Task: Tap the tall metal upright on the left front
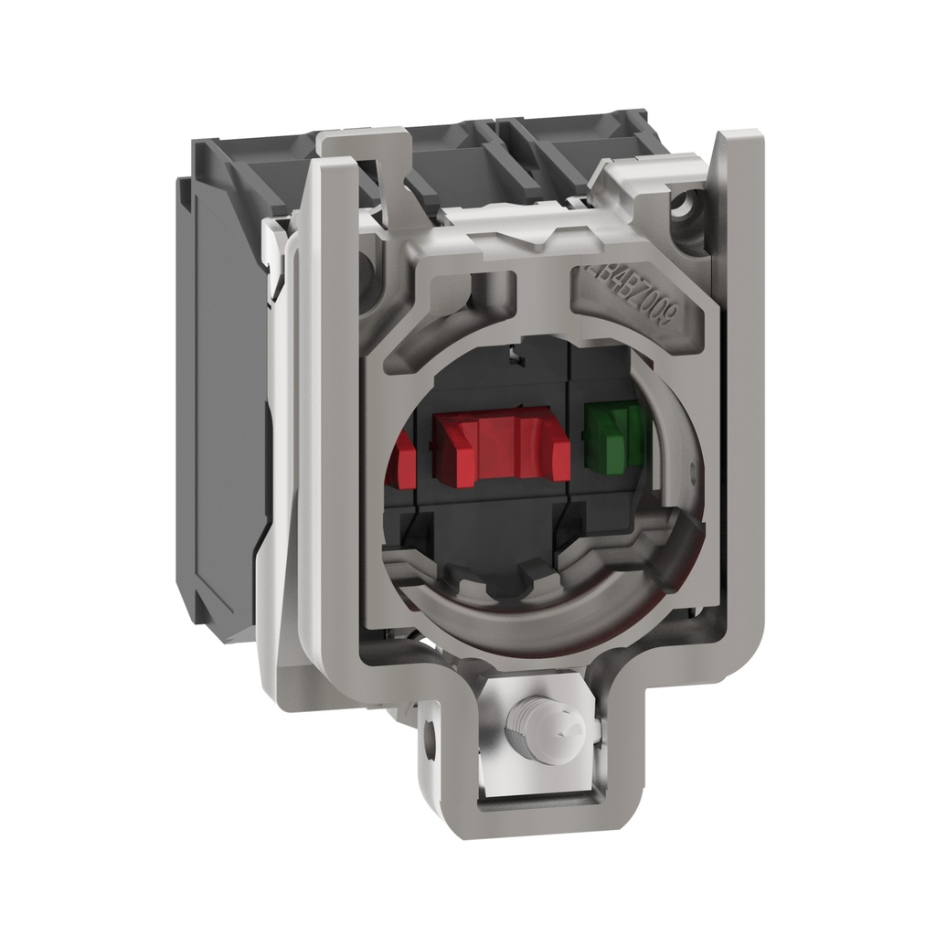click(329, 411)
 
